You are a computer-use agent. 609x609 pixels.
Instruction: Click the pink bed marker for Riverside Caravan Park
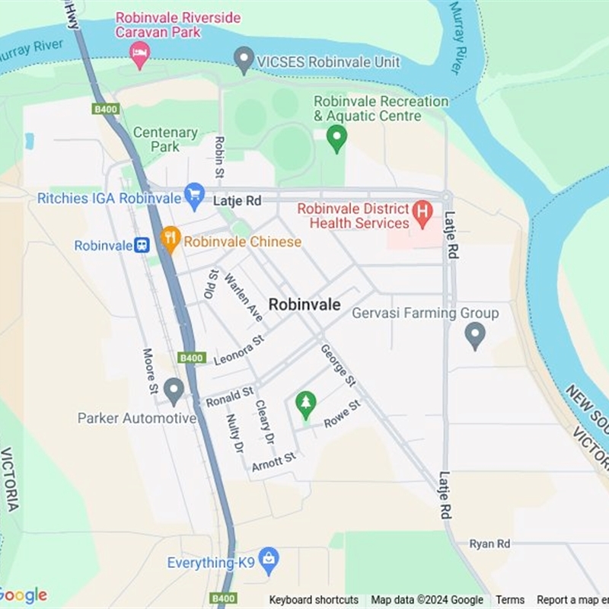coord(139,53)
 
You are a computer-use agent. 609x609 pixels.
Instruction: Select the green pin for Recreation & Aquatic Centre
coord(336,137)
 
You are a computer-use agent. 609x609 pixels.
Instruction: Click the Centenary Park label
coord(165,139)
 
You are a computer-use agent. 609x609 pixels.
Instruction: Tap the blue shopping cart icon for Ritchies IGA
coord(195,196)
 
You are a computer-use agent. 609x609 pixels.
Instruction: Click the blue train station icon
coord(142,245)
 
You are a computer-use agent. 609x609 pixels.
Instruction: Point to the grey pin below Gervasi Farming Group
coord(475,334)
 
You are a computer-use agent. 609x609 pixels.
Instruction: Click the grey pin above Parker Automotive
coord(174,391)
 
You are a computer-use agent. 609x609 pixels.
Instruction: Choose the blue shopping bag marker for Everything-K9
coord(268,560)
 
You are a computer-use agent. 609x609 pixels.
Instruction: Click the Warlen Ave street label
coord(244,298)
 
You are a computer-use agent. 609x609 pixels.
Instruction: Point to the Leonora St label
coord(238,349)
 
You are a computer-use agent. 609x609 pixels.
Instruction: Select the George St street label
coord(338,365)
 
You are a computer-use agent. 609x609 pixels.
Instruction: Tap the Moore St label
coord(150,371)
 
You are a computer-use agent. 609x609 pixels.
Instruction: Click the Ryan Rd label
coord(489,544)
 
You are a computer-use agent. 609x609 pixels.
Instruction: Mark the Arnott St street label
coord(273,461)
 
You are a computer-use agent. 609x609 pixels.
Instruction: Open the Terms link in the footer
coord(510,600)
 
